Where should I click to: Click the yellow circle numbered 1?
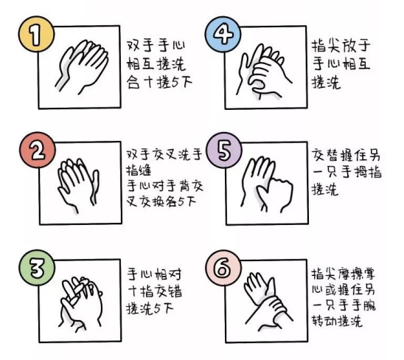(x=36, y=34)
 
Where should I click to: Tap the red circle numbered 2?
(x=38, y=150)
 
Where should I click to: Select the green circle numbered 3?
(x=37, y=268)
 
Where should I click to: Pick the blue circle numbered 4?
(x=223, y=34)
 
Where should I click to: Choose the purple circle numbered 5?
(x=224, y=150)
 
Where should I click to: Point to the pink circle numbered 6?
(x=223, y=268)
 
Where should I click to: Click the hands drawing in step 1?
(x=81, y=66)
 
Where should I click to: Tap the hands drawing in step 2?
(x=78, y=185)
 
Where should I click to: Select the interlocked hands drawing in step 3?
(x=81, y=304)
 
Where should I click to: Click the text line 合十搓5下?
(x=159, y=83)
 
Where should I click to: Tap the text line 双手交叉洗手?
(x=164, y=154)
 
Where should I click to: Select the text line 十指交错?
(x=155, y=291)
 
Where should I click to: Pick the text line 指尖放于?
(x=341, y=46)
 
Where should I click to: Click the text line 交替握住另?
(x=346, y=155)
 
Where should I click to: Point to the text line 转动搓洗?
(x=338, y=321)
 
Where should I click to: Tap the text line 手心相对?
(x=154, y=274)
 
